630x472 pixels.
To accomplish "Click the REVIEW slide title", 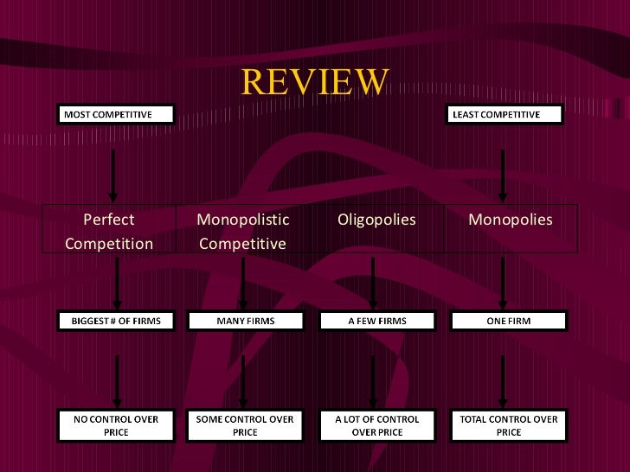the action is [x=315, y=81].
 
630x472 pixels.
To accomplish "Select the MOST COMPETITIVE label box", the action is [x=117, y=114].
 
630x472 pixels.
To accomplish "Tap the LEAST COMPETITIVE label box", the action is [x=505, y=114].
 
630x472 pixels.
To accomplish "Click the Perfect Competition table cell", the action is [x=109, y=231].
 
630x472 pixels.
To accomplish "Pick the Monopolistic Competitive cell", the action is [x=242, y=231].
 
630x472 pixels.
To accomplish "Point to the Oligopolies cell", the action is [x=376, y=220].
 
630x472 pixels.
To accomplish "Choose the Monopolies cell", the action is [x=510, y=220].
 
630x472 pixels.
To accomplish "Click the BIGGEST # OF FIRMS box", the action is [x=116, y=321].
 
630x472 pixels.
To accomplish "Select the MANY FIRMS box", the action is [x=245, y=321].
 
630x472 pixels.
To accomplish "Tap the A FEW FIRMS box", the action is [x=376, y=321].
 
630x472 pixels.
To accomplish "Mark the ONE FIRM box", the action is [x=509, y=321].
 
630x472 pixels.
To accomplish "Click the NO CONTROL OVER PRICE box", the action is [x=116, y=425].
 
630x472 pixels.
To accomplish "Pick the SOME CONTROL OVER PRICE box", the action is [x=245, y=425].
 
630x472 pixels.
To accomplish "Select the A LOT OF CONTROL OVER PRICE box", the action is [x=376, y=425].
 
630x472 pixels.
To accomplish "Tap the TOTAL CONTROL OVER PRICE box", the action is [x=509, y=425].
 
